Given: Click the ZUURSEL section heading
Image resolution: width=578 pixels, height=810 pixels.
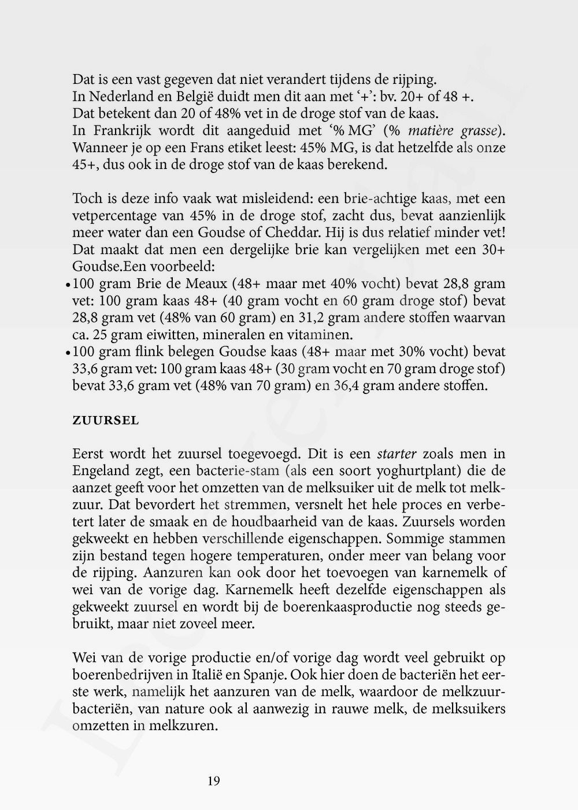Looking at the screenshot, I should coord(105,421).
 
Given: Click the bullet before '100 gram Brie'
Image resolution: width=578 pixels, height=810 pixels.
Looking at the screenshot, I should coord(68,285).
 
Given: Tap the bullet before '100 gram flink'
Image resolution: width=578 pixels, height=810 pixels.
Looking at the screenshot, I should coord(68,352).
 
